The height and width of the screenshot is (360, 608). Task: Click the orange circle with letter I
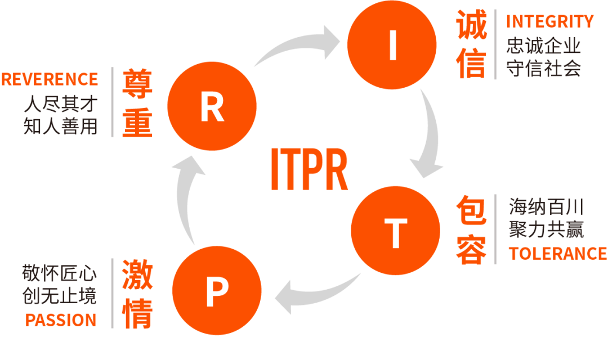pos(392,46)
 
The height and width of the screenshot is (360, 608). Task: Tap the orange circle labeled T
pos(395,231)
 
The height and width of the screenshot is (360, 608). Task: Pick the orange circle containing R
pos(212,107)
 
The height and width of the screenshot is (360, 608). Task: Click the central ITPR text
pos(309,169)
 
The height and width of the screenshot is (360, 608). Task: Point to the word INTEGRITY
pos(549,21)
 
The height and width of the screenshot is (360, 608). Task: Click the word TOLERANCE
pos(557,254)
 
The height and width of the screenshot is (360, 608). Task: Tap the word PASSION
pos(61,321)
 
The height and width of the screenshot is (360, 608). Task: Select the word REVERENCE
pos(50,79)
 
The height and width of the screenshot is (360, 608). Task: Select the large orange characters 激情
pos(137,294)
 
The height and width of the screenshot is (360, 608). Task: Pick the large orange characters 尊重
pos(137,103)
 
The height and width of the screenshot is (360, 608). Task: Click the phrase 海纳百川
pos(546,207)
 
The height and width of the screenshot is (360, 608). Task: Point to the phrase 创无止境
pos(59,296)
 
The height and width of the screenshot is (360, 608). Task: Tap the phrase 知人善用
pos(60,127)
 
